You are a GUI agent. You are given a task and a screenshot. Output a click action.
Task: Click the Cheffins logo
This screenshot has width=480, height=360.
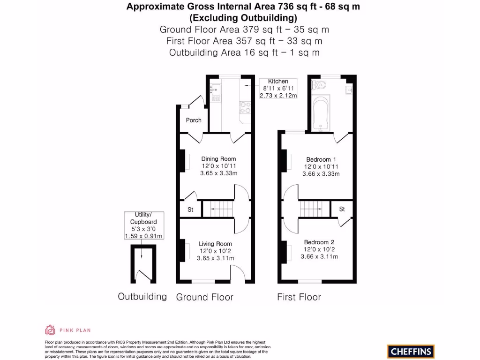[x=411, y=351]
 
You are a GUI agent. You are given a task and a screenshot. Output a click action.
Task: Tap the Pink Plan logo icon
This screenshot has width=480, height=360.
[x=50, y=330]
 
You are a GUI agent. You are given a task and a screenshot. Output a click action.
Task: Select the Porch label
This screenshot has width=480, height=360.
[x=194, y=120]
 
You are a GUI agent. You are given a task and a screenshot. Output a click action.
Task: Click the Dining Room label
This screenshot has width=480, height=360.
[x=218, y=159]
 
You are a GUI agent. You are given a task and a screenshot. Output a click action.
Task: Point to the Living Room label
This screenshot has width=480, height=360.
[x=215, y=244]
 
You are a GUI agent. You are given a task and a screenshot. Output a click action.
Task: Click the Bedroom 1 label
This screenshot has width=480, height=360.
[x=321, y=159]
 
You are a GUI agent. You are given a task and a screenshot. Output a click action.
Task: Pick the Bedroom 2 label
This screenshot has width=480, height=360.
[x=319, y=242]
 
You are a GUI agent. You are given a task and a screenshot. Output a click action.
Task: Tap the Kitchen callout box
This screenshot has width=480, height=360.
[x=278, y=88]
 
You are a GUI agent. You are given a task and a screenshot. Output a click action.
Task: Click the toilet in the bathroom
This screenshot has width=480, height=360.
[x=320, y=85]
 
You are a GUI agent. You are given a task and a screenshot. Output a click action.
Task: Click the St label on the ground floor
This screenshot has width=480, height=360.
[x=190, y=210]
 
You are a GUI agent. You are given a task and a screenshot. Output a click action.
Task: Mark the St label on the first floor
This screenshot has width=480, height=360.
[x=342, y=209]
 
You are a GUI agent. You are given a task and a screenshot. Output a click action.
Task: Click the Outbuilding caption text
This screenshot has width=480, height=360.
[x=142, y=296]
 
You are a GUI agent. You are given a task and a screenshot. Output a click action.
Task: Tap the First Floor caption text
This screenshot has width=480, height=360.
[x=299, y=297]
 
